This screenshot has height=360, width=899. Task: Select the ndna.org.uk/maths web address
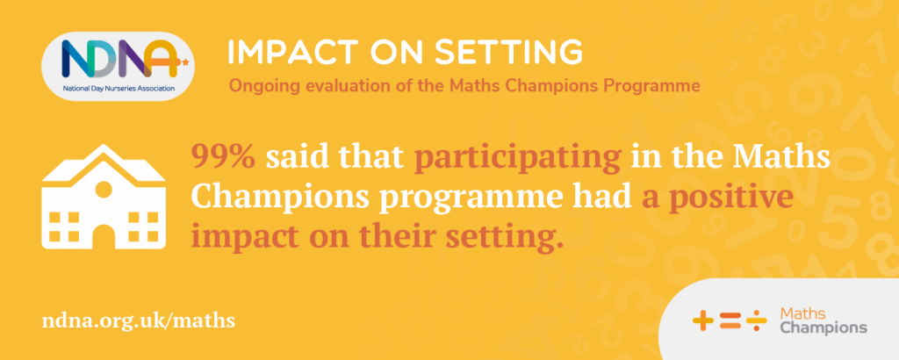click(x=139, y=320)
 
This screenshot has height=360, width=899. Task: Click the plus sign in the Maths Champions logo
click(x=703, y=320)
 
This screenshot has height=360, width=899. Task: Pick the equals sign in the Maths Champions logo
click(x=730, y=320)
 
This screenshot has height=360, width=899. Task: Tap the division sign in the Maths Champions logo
click(x=756, y=320)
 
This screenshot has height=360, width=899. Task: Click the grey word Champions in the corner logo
click(x=824, y=328)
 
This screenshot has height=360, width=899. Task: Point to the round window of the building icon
click(x=104, y=188)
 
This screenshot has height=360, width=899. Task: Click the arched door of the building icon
click(x=104, y=236)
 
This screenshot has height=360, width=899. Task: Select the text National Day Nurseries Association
click(x=119, y=89)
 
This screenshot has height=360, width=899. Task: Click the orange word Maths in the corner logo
click(x=802, y=313)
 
